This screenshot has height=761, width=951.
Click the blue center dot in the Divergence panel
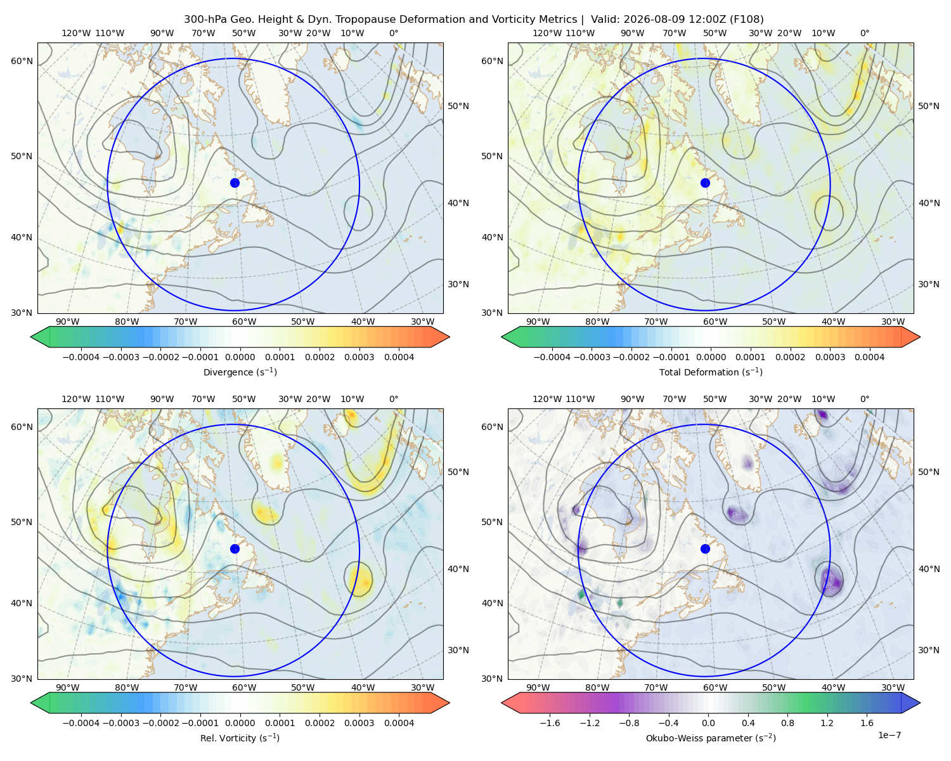click(x=235, y=183)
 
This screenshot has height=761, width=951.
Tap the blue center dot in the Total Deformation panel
click(x=705, y=183)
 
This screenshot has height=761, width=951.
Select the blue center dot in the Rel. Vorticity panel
click(x=235, y=549)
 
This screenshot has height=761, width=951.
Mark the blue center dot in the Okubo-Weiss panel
click(x=705, y=549)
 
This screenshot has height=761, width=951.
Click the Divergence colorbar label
click(x=240, y=372)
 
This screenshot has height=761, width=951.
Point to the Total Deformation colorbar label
click(x=711, y=372)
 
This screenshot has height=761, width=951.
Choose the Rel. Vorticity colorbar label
click(x=240, y=738)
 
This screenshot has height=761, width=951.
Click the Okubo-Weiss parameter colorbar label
click(x=711, y=738)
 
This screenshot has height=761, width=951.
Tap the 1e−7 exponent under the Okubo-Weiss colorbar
click(x=889, y=735)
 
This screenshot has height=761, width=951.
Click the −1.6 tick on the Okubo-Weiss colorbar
click(x=550, y=723)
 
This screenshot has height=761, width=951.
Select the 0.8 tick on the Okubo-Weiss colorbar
click(x=787, y=723)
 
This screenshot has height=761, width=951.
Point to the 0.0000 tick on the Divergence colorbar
click(x=240, y=357)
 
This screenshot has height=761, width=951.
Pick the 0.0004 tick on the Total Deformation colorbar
click(x=869, y=357)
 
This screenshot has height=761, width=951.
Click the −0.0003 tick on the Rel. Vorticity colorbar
click(x=120, y=723)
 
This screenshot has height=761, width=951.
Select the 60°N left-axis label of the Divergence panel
click(x=22, y=61)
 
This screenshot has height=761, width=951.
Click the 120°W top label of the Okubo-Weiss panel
click(x=547, y=399)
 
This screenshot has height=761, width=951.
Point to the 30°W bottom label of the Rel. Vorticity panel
click(x=422, y=687)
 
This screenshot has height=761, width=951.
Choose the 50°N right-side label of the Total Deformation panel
click(x=928, y=106)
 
